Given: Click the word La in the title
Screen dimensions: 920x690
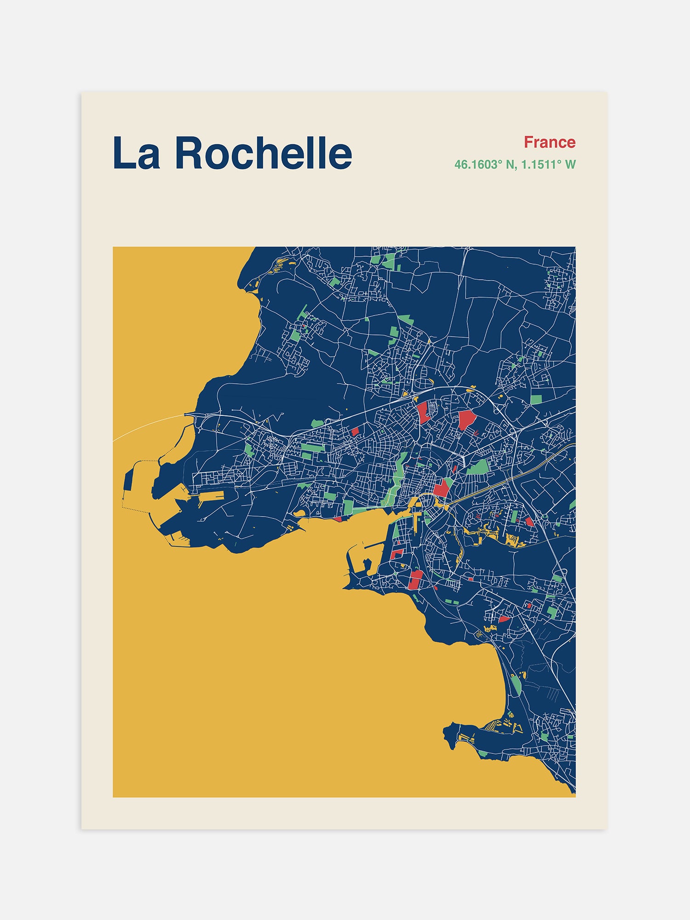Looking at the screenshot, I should (x=136, y=153).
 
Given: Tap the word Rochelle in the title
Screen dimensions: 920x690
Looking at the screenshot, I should (x=263, y=153).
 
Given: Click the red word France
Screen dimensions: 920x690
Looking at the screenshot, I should (x=550, y=142).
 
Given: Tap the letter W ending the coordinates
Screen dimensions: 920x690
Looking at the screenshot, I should (x=570, y=165).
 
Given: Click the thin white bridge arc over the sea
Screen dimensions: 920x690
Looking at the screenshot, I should (x=147, y=423).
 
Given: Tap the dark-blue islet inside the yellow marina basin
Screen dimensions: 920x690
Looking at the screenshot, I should (x=367, y=563).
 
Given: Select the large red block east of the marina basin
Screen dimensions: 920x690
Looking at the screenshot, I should (x=415, y=580).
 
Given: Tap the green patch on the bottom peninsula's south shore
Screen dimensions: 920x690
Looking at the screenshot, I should (x=483, y=753).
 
